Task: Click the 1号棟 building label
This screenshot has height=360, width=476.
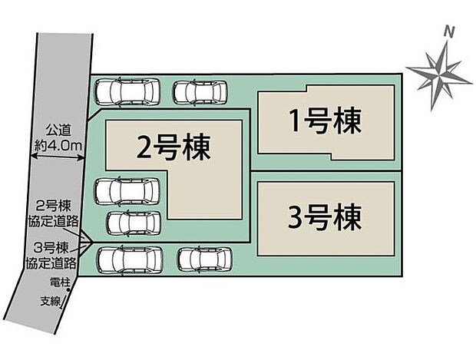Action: pyautogui.click(x=325, y=121)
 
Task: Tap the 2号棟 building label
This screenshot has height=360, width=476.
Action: pyautogui.click(x=174, y=147)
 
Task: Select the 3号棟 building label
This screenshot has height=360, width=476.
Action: pyautogui.click(x=325, y=217)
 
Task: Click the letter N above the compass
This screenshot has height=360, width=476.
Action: pyautogui.click(x=449, y=31)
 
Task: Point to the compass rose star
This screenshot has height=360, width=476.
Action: pyautogui.click(x=439, y=75)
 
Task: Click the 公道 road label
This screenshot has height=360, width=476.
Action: pyautogui.click(x=58, y=130)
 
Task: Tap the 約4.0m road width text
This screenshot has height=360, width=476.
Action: pyautogui.click(x=58, y=147)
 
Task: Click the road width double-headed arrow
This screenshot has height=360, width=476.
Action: pyautogui.click(x=58, y=157)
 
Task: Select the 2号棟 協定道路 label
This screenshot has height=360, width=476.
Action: pyautogui.click(x=53, y=213)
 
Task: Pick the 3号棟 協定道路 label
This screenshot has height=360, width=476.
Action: pyautogui.click(x=51, y=256)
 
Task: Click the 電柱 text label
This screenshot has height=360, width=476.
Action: pyautogui.click(x=60, y=282)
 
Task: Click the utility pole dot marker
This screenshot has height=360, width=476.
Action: pyautogui.click(x=68, y=290)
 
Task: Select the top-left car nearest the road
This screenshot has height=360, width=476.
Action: pyautogui.click(x=127, y=91)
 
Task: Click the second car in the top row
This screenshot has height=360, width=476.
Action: pyautogui.click(x=200, y=93)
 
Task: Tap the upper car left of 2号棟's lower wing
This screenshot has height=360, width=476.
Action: pyautogui.click(x=127, y=191)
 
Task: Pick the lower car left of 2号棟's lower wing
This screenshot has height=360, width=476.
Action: pyautogui.click(x=134, y=223)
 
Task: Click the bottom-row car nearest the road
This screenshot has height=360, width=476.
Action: pyautogui.click(x=130, y=261)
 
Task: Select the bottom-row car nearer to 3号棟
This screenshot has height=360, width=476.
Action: pyautogui.click(x=205, y=260)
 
